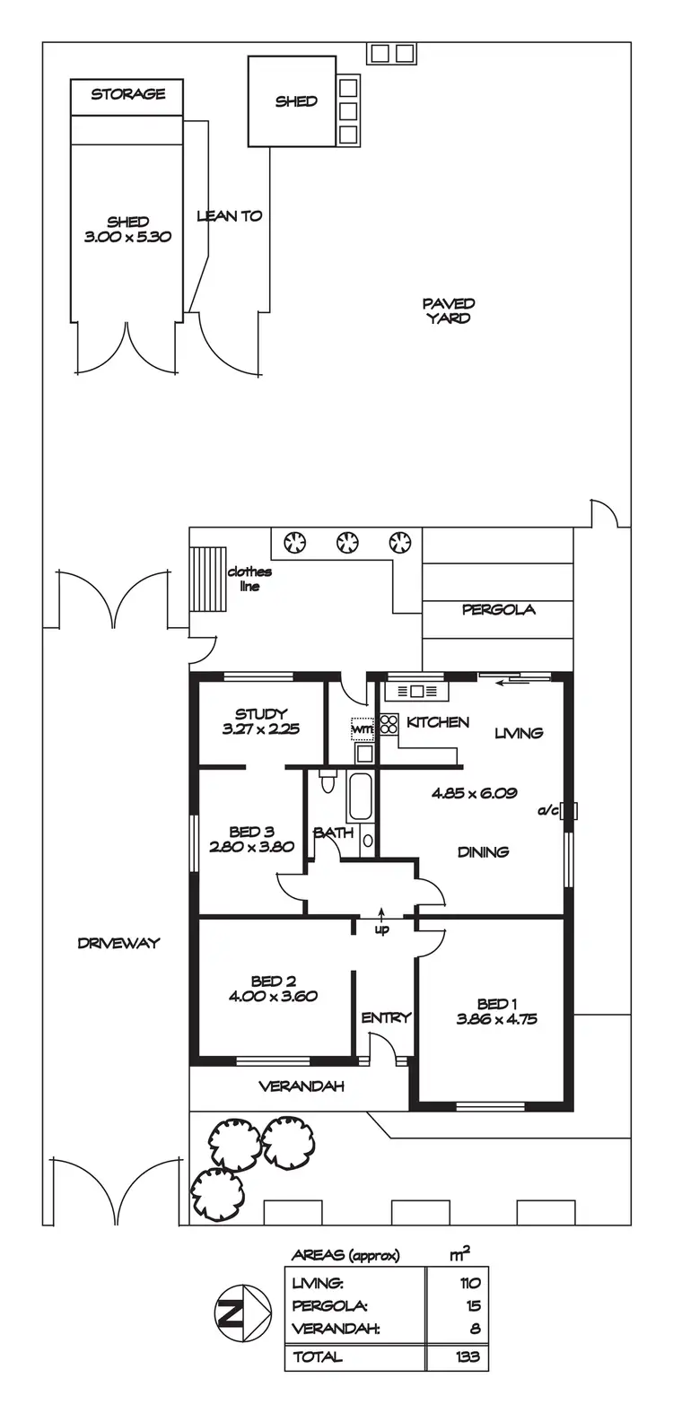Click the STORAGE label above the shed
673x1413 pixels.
click(x=127, y=94)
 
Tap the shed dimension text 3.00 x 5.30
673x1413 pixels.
click(x=127, y=238)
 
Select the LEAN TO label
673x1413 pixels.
click(x=229, y=216)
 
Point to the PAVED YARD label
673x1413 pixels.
click(x=449, y=310)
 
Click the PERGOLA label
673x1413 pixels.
click(x=498, y=610)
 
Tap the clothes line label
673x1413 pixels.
click(x=249, y=579)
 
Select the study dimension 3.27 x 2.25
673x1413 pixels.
click(x=260, y=729)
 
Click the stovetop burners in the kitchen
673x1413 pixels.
click(x=389, y=724)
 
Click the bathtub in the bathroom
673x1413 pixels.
click(x=360, y=796)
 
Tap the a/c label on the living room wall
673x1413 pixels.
click(x=548, y=811)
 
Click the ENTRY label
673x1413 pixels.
click(x=386, y=1017)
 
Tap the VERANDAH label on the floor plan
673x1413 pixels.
click(x=302, y=1086)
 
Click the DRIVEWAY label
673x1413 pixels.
click(x=118, y=943)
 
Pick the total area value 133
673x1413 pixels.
click(x=468, y=1357)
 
